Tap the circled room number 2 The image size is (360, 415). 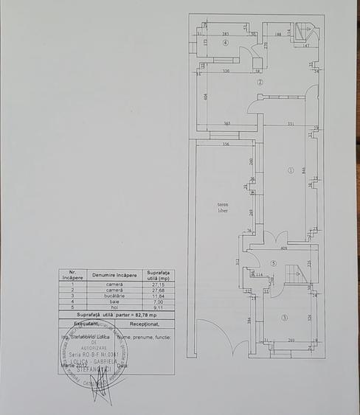(x=260, y=83)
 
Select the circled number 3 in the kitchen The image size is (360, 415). (x=285, y=317)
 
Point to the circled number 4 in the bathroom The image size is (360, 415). (x=226, y=42)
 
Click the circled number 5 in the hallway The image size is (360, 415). (x=272, y=263)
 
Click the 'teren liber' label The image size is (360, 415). (x=223, y=207)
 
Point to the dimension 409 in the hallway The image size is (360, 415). (x=284, y=248)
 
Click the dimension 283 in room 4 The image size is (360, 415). (x=225, y=34)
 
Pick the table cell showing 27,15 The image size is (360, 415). (x=159, y=285)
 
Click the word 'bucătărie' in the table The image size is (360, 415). (x=114, y=296)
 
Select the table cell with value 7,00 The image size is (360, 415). (x=159, y=301)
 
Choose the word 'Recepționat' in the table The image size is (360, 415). (x=145, y=323)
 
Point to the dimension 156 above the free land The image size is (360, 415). (x=224, y=144)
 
